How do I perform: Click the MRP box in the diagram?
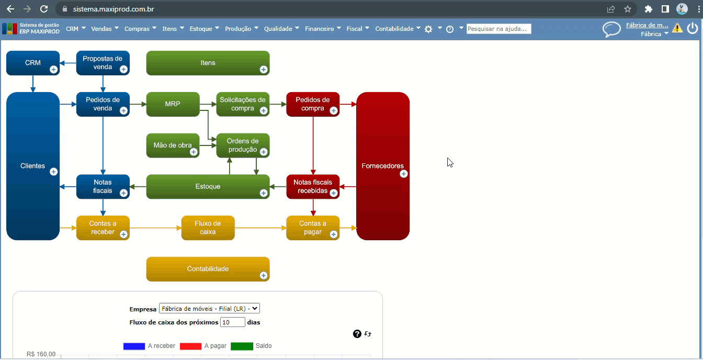click(x=173, y=104)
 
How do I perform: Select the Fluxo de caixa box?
click(x=208, y=228)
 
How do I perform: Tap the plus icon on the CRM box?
click(x=53, y=70)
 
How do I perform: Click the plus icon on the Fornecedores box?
click(x=404, y=174)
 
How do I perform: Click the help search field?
click(x=498, y=29)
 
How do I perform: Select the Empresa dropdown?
click(x=209, y=309)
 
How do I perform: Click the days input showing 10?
click(x=233, y=322)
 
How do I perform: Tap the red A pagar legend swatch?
click(x=190, y=346)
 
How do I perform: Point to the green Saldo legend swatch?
click(x=242, y=346)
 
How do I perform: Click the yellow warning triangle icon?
click(x=677, y=28)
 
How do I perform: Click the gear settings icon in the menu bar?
click(x=428, y=29)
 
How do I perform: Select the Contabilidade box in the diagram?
click(x=208, y=269)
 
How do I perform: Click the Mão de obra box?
click(x=173, y=145)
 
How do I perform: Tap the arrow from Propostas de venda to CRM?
click(x=68, y=63)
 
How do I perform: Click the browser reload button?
click(x=44, y=9)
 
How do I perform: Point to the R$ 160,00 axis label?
click(x=41, y=354)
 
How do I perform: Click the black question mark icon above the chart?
click(x=357, y=334)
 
